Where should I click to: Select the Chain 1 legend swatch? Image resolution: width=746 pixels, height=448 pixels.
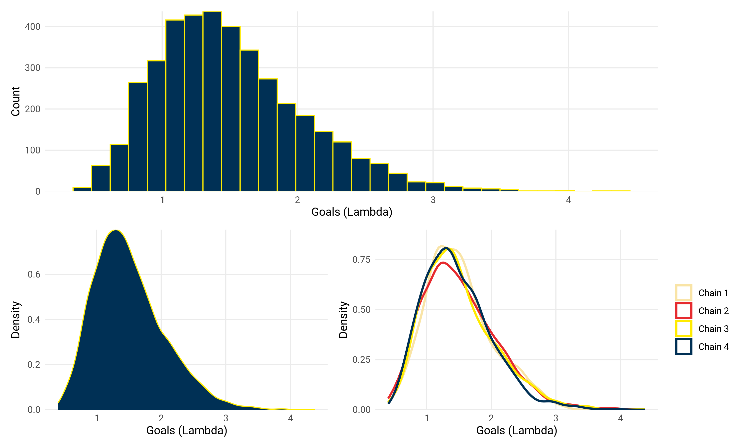[684, 293]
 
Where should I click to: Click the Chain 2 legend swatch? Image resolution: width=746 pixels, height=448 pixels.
[684, 311]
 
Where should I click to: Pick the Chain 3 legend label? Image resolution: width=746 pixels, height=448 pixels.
[713, 329]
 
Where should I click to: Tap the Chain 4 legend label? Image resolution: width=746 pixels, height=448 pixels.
[713, 346]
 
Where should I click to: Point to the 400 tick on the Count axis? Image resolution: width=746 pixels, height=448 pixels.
[33, 27]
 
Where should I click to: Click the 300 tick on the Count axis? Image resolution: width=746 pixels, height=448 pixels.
[33, 68]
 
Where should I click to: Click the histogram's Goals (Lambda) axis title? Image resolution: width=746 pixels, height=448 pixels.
[352, 212]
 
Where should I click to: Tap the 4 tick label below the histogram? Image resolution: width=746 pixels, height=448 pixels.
[568, 200]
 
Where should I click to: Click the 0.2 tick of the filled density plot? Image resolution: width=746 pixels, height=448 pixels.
[34, 364]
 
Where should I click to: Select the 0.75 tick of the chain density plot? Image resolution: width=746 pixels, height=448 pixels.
[361, 260]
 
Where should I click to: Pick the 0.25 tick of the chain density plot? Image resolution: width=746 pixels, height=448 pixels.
[361, 360]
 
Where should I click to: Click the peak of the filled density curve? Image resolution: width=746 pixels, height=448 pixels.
[116, 231]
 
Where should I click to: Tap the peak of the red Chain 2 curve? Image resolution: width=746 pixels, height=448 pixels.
[443, 263]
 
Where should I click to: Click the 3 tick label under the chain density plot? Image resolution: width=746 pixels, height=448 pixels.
[556, 418]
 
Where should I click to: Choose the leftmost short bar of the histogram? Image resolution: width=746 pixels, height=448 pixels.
[82, 189]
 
